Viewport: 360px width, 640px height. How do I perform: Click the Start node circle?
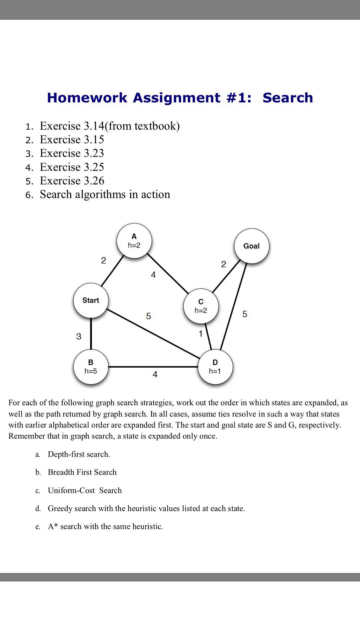(91, 301)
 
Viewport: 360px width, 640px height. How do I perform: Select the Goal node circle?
(251, 246)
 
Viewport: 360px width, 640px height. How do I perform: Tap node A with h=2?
(134, 241)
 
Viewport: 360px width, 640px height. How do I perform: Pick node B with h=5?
(91, 367)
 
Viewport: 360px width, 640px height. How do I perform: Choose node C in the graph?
(201, 306)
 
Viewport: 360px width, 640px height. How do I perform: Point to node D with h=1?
(215, 367)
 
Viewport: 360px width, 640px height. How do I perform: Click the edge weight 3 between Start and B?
(79, 336)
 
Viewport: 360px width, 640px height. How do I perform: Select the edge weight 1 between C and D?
(201, 334)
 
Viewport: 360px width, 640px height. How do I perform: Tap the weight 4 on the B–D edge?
(155, 375)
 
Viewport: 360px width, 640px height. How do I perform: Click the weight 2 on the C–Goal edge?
(223, 264)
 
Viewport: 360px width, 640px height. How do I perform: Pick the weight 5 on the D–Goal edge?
(245, 314)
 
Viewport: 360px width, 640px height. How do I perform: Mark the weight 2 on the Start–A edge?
(103, 260)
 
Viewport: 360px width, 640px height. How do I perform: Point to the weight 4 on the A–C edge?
(153, 275)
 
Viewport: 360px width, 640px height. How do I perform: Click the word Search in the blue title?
(288, 98)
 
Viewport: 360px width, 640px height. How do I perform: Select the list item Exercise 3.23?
(72, 153)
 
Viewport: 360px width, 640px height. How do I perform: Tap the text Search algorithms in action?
(105, 194)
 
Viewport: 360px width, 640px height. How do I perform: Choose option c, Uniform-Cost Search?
(85, 490)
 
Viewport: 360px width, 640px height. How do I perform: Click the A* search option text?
(105, 526)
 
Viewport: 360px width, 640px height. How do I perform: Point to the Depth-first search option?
(79, 454)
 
